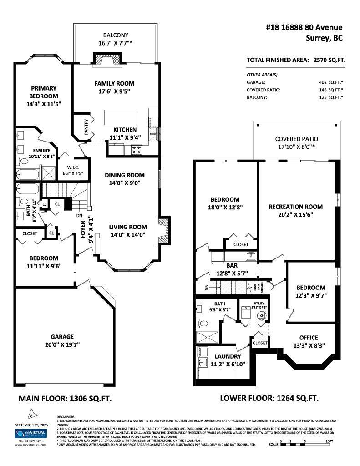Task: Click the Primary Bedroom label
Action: click(44, 92)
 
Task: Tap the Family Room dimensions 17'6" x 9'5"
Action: click(114, 91)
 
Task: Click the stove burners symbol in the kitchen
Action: click(137, 150)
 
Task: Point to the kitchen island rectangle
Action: click(120, 117)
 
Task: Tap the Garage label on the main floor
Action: click(62, 337)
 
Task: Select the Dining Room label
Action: click(124, 175)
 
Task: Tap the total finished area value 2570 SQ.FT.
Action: click(327, 60)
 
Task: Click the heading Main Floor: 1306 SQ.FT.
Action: click(65, 398)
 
